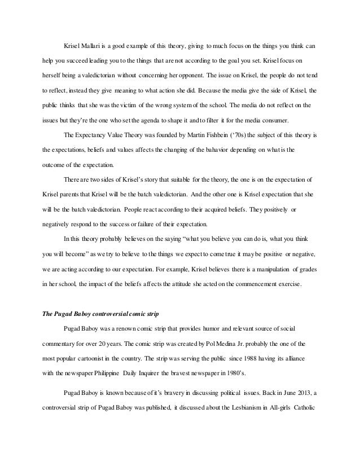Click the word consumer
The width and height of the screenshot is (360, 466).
point(275,120)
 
